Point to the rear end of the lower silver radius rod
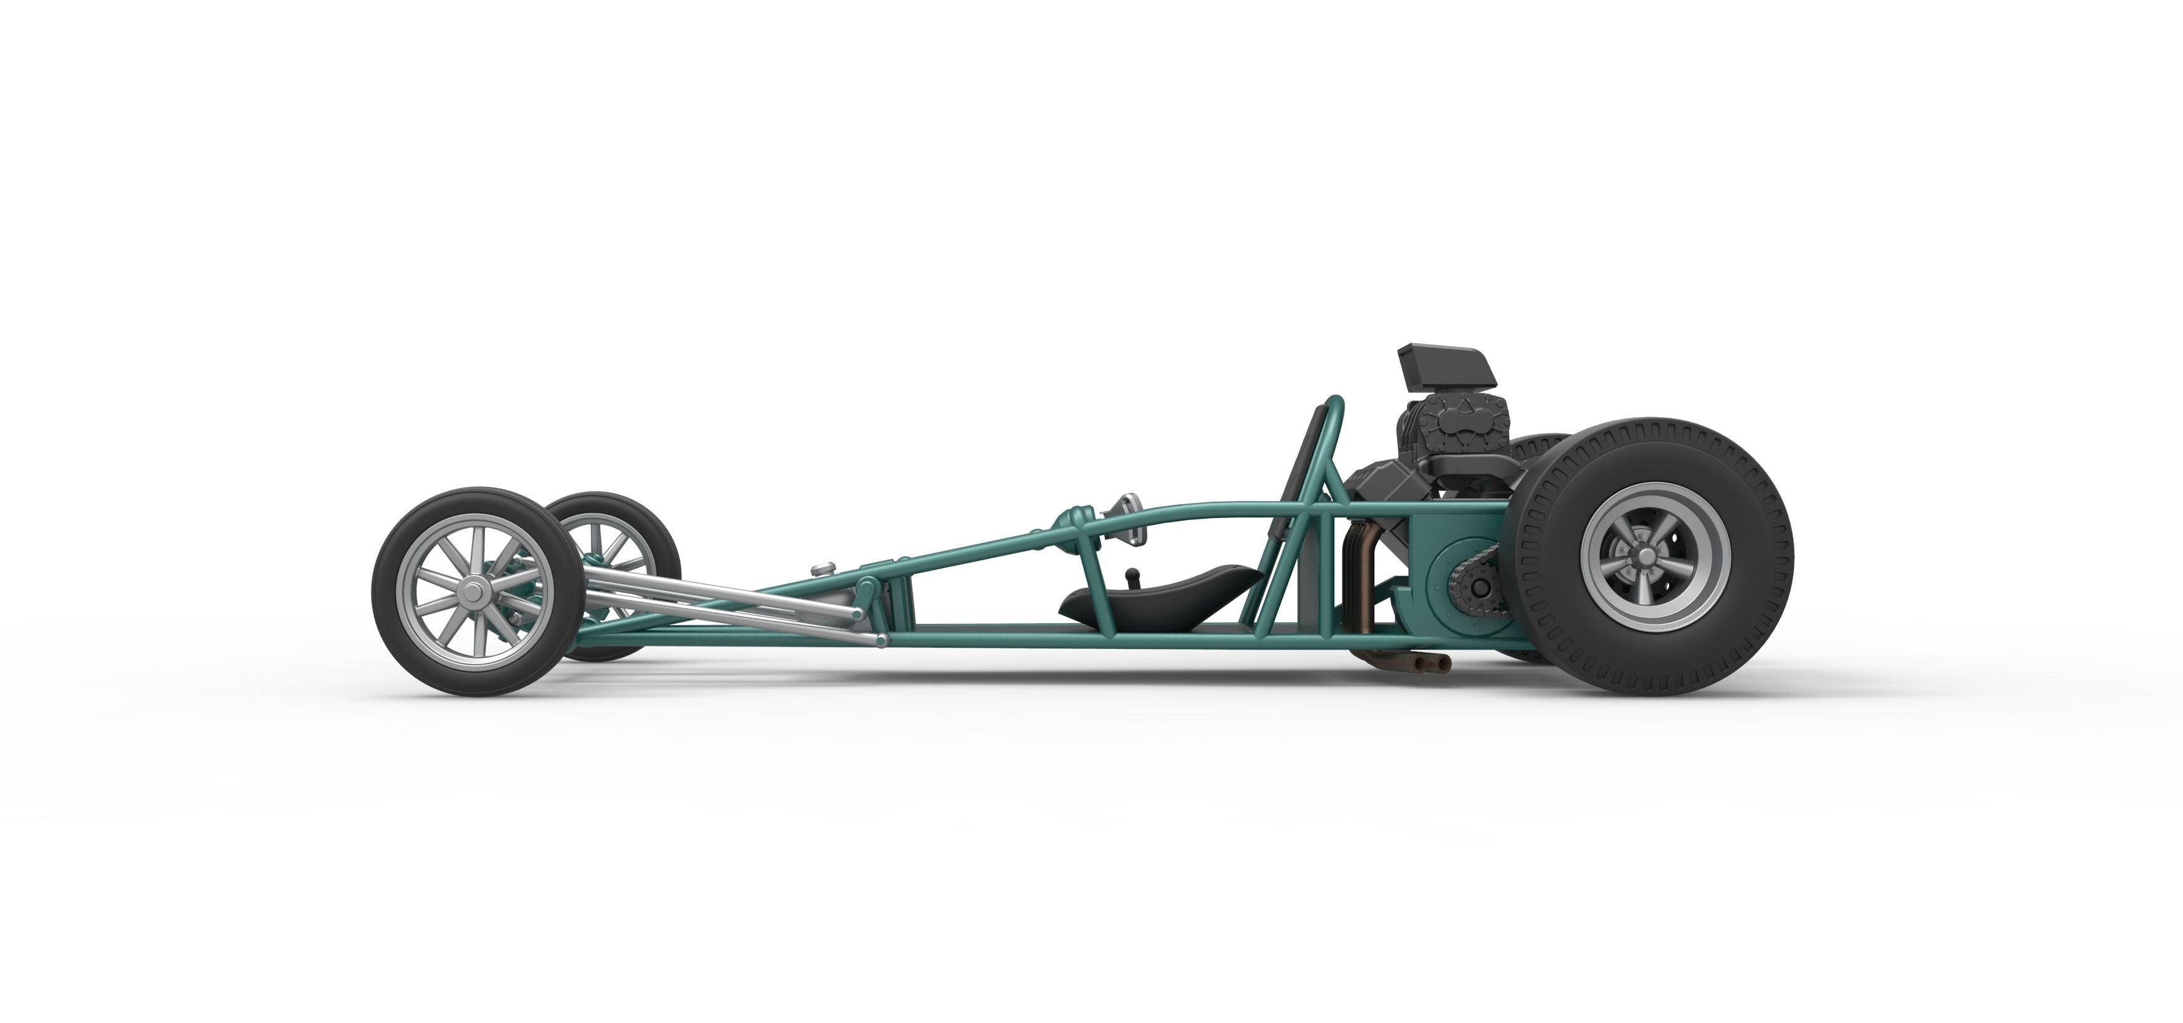[x=880, y=641]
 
